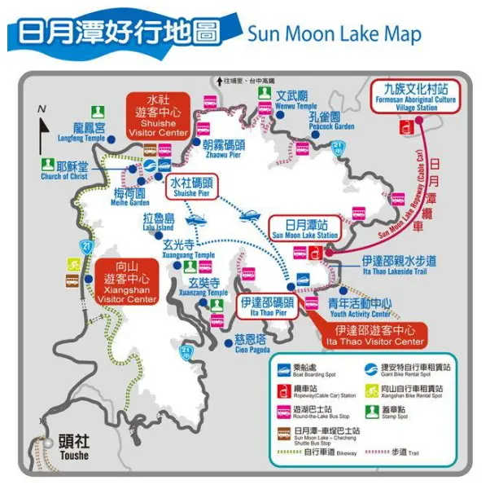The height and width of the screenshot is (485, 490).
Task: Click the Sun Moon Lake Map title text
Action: point(334,34)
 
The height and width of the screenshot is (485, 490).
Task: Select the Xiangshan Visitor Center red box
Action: point(126,282)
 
